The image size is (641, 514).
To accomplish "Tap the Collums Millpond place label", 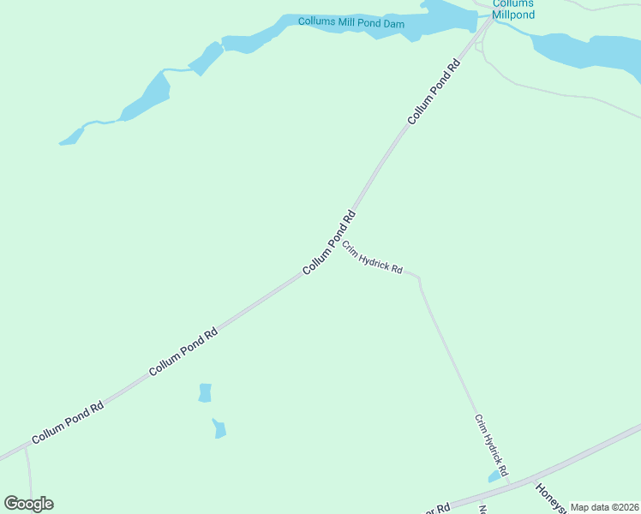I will pyautogui.click(x=513, y=9).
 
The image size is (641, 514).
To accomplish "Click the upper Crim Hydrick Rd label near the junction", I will pyautogui.click(x=372, y=258).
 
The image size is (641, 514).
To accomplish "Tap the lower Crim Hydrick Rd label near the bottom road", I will pyautogui.click(x=492, y=445).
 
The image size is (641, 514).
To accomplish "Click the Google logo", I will pyautogui.click(x=28, y=504).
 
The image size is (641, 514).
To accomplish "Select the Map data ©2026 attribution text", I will pyautogui.click(x=604, y=507).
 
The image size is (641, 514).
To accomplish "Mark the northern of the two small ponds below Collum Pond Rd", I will pyautogui.click(x=205, y=392).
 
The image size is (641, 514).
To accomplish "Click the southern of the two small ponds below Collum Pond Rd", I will pyautogui.click(x=219, y=428).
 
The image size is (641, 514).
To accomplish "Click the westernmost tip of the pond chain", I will pyautogui.click(x=61, y=142).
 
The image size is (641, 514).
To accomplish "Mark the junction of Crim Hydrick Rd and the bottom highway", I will pyautogui.click(x=512, y=484).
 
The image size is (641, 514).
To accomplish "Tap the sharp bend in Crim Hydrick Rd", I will pyautogui.click(x=419, y=278).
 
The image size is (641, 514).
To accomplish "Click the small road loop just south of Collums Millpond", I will pyautogui.click(x=480, y=48).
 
